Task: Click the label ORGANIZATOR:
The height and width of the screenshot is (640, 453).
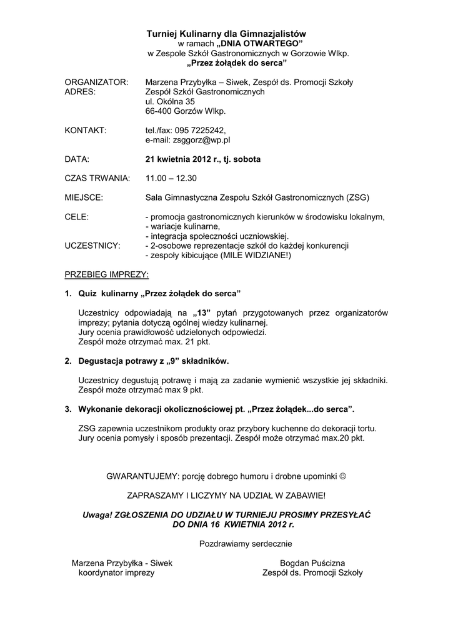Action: tap(97, 82)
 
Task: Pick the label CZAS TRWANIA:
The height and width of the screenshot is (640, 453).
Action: tap(97, 178)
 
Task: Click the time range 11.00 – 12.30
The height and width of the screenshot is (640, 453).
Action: tap(171, 178)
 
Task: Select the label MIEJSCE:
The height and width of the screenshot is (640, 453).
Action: tap(84, 197)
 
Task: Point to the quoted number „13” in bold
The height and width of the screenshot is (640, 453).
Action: tap(202, 313)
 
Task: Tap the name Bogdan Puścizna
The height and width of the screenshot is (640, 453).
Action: tap(312, 563)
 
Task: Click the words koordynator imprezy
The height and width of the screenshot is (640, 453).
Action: tap(116, 572)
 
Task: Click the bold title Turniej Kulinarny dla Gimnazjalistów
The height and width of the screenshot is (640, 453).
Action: tap(226, 33)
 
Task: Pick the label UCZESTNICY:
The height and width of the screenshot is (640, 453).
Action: tap(92, 246)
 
